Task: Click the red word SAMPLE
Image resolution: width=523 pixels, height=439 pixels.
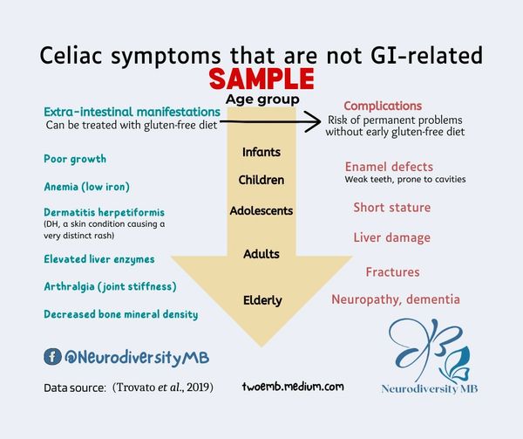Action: click(x=261, y=80)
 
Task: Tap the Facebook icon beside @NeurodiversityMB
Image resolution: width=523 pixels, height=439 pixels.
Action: click(x=51, y=356)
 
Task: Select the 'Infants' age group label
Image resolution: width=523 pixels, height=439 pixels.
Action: click(x=261, y=152)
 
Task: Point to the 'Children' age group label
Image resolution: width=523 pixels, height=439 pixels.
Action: click(x=261, y=180)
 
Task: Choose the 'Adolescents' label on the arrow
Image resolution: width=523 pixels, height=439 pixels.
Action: click(x=261, y=210)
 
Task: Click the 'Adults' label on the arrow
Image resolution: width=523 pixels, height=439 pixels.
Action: click(x=261, y=254)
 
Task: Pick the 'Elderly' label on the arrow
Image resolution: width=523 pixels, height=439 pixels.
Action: click(x=261, y=300)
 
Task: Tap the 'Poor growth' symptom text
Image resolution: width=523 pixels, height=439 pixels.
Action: click(x=75, y=159)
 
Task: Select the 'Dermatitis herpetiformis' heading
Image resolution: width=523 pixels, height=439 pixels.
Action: click(x=104, y=212)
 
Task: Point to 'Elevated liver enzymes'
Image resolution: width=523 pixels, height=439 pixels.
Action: click(x=98, y=258)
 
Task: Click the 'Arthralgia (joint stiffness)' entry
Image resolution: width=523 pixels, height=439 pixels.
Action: click(x=110, y=286)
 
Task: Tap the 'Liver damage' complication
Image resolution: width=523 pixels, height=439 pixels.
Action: click(x=391, y=237)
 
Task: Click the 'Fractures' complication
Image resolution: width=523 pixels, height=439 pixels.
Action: click(x=392, y=272)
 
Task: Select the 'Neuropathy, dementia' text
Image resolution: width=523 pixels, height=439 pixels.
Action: click(x=396, y=299)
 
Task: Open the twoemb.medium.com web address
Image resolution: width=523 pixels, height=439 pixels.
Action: click(x=294, y=386)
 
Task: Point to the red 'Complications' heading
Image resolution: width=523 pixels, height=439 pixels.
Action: click(x=383, y=106)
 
